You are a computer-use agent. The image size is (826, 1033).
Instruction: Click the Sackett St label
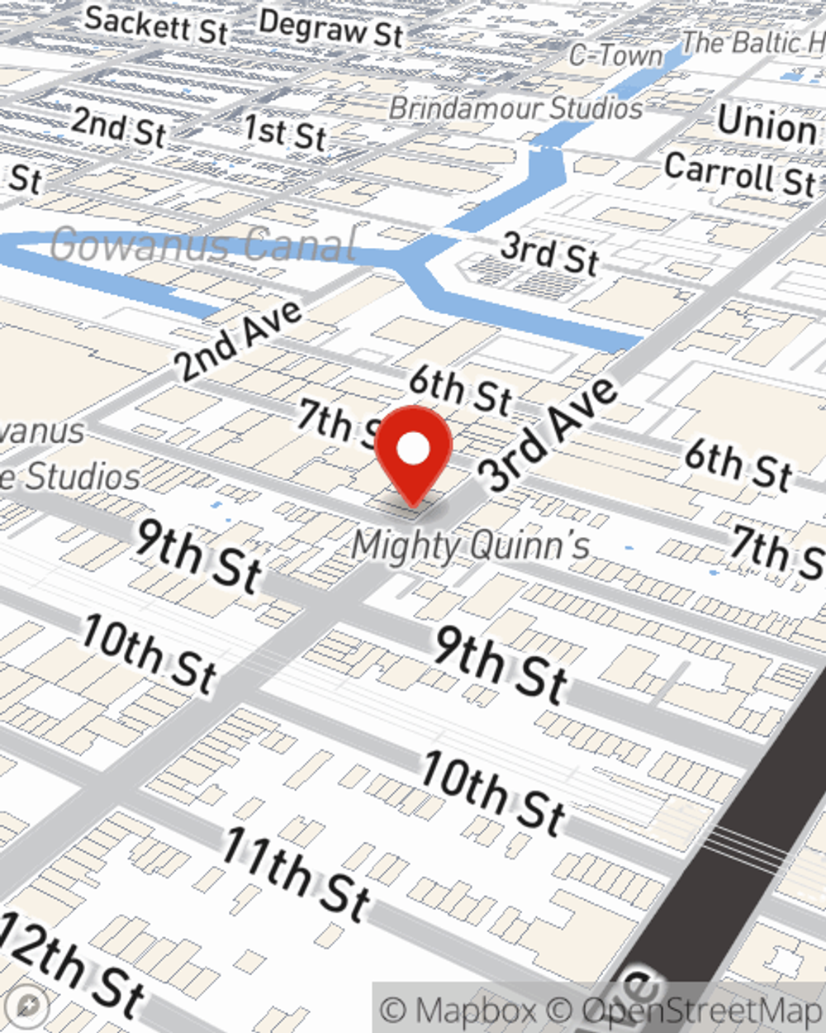(x=155, y=25)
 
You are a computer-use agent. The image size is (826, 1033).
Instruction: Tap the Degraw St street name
(x=330, y=29)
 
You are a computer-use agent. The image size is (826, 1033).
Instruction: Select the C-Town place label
(x=616, y=55)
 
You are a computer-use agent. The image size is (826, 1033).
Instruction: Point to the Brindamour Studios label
(x=516, y=108)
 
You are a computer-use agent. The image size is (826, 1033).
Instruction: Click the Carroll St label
(x=740, y=174)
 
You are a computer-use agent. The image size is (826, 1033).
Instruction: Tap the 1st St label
(x=285, y=132)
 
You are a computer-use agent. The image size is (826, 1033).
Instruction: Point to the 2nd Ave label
(x=239, y=341)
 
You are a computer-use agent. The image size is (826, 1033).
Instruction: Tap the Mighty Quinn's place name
(x=471, y=545)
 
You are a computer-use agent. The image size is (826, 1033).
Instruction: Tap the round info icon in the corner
(x=30, y=1006)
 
